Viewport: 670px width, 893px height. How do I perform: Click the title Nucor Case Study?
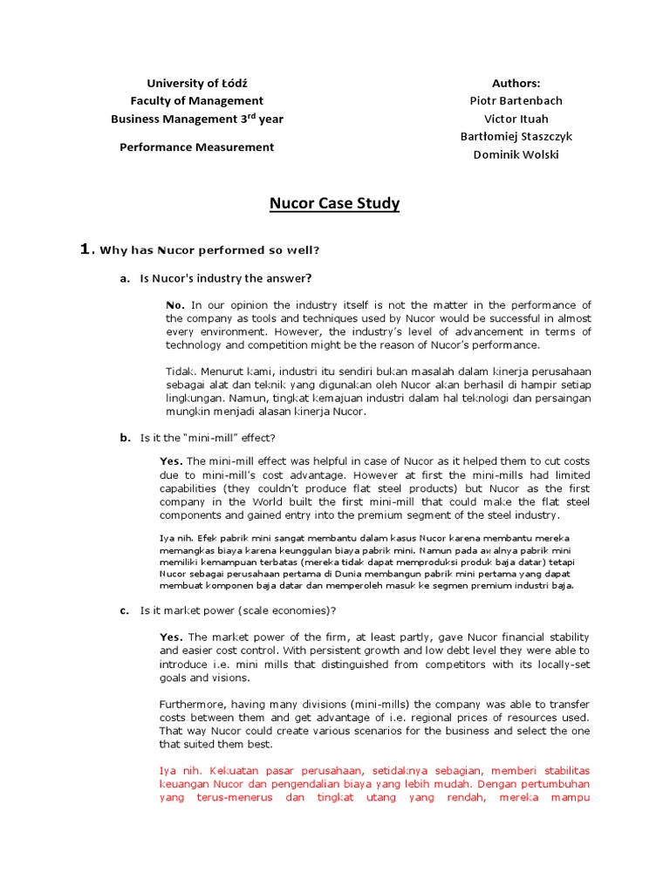[334, 204]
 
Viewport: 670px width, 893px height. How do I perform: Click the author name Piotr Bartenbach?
[516, 101]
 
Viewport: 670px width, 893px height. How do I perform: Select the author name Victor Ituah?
[516, 119]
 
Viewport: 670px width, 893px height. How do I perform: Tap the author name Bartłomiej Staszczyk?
[516, 137]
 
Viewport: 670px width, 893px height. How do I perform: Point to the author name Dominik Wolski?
[516, 154]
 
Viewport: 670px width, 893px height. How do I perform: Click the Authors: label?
[516, 84]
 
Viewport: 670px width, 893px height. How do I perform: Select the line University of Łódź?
[197, 84]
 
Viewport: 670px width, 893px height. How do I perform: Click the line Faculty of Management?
[197, 101]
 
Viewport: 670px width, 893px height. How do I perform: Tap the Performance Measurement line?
[197, 147]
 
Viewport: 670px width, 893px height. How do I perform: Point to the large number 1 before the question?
[85, 250]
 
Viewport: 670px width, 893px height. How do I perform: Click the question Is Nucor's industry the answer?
[226, 278]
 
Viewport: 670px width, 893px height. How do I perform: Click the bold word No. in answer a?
[175, 305]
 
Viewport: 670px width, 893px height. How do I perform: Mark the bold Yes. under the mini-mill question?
[171, 461]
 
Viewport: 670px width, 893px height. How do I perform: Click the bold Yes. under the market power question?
[171, 637]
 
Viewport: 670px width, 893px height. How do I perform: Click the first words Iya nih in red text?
[178, 770]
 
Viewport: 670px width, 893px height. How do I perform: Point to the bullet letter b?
[125, 437]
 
